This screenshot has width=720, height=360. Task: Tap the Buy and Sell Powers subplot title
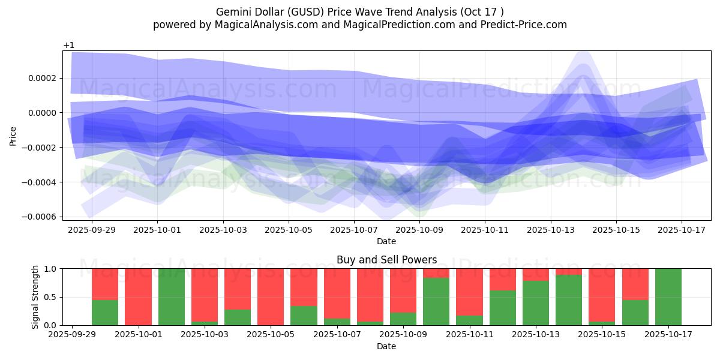[x=386, y=260]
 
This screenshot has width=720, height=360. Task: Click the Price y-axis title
[x=13, y=136]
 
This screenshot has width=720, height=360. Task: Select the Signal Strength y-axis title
[x=35, y=296]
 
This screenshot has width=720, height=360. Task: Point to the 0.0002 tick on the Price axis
[x=38, y=78]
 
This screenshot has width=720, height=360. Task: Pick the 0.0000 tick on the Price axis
[x=38, y=113]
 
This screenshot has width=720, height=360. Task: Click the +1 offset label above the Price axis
[x=68, y=46]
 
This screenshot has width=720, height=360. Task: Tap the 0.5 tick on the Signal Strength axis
[x=50, y=297]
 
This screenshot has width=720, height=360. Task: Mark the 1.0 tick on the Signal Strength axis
[x=50, y=269]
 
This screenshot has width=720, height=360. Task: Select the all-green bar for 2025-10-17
[x=668, y=297]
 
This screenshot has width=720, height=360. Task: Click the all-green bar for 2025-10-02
[x=172, y=297]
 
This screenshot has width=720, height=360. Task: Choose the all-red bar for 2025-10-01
[x=138, y=297]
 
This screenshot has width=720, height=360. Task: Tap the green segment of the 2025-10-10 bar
[x=436, y=301]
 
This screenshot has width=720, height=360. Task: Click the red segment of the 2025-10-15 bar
[x=602, y=295]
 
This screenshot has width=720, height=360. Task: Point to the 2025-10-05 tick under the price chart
[x=289, y=229]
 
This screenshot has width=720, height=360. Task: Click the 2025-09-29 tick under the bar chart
[x=72, y=334]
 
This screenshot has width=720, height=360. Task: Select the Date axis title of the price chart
[x=386, y=241]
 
